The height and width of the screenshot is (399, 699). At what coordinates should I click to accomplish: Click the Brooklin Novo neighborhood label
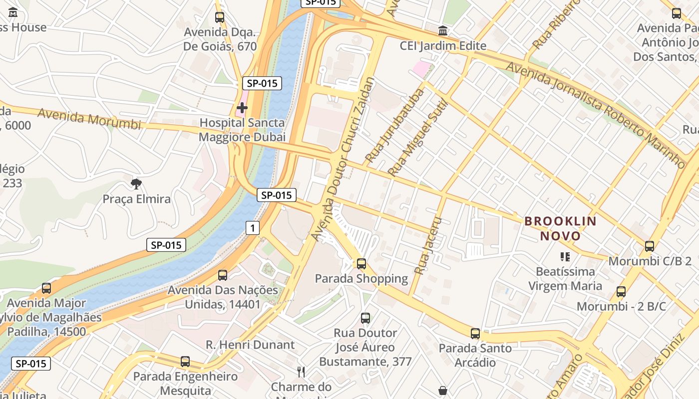[x=560, y=228]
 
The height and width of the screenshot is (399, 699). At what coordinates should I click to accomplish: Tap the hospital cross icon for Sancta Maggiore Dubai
[x=242, y=108]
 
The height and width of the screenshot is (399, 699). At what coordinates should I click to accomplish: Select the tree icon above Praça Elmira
[x=136, y=184]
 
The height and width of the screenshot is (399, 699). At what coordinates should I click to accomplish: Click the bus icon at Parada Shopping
[x=361, y=264]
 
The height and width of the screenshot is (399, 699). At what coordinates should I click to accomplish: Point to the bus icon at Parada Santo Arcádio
[x=475, y=334]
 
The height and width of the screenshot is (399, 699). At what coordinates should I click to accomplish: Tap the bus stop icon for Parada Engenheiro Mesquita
[x=185, y=362]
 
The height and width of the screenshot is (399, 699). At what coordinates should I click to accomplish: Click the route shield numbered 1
[x=253, y=228]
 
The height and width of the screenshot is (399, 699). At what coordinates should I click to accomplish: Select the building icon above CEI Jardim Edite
[x=442, y=31]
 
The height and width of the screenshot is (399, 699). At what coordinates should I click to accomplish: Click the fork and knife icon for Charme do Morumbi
[x=301, y=372]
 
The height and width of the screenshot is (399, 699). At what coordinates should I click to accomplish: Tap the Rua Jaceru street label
[x=429, y=245]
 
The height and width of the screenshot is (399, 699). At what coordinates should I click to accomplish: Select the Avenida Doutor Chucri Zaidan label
[x=343, y=159]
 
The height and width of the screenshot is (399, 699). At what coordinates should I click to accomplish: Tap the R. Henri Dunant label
[x=250, y=345]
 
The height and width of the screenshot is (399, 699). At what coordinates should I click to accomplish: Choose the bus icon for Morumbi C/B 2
[x=649, y=246]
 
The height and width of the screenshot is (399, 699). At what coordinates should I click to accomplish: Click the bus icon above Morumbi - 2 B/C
[x=621, y=292]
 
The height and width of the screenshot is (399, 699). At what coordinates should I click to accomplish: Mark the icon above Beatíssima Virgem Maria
[x=565, y=257]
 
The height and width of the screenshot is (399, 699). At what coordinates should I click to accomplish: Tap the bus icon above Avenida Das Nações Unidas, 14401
[x=223, y=275]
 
